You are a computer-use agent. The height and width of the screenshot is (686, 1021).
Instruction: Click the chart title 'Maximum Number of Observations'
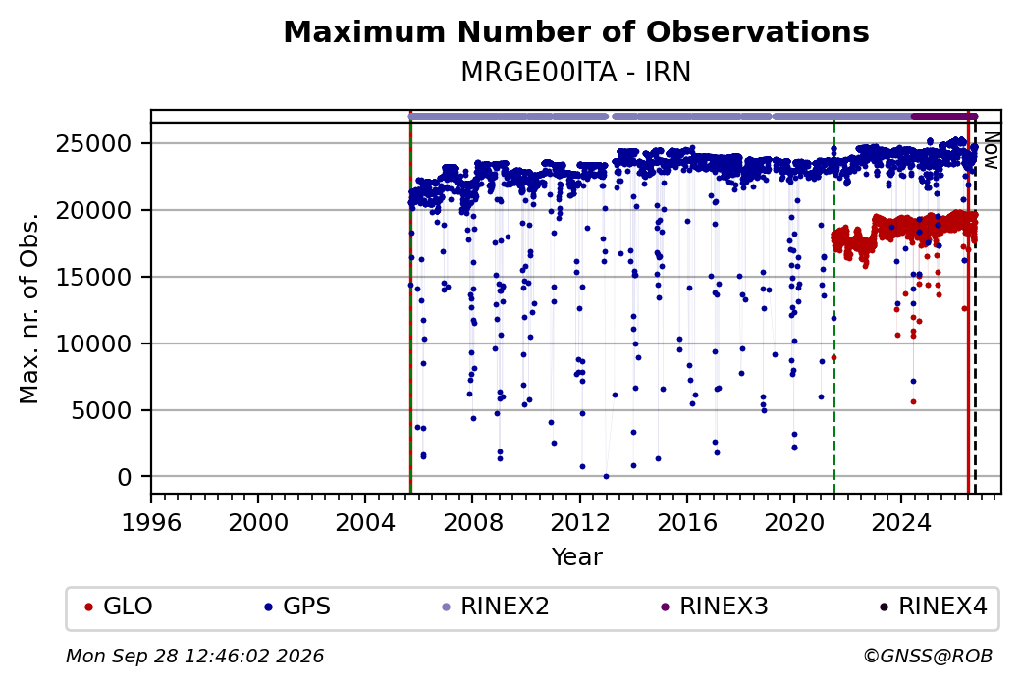tap(576, 31)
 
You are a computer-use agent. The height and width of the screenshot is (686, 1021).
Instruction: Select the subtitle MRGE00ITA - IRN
tap(576, 73)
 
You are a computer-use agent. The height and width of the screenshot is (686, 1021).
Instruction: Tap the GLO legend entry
tap(119, 607)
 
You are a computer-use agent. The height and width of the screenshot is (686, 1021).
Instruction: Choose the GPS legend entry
tap(297, 607)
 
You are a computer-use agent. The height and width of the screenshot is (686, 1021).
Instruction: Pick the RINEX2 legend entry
tap(496, 607)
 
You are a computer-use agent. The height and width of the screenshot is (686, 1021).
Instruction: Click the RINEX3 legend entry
tap(715, 607)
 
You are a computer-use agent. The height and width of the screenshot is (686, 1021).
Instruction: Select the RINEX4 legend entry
tap(934, 607)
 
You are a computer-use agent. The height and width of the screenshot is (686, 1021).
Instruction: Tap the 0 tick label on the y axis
tap(125, 478)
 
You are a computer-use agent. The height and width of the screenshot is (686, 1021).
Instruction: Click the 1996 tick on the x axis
tap(151, 523)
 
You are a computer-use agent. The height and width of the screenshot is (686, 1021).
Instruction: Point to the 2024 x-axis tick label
tap(901, 523)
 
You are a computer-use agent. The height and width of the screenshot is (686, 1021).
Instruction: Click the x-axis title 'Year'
tap(577, 557)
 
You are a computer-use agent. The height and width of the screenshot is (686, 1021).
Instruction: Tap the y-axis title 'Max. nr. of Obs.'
tap(29, 308)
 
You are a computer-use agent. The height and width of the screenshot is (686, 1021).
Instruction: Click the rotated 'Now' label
tap(991, 150)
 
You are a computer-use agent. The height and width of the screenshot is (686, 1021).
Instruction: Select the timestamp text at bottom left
tap(194, 656)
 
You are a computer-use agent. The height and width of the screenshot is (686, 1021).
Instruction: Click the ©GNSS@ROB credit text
tap(928, 656)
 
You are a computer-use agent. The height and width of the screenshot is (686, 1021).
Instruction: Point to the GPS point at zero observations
tap(607, 476)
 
